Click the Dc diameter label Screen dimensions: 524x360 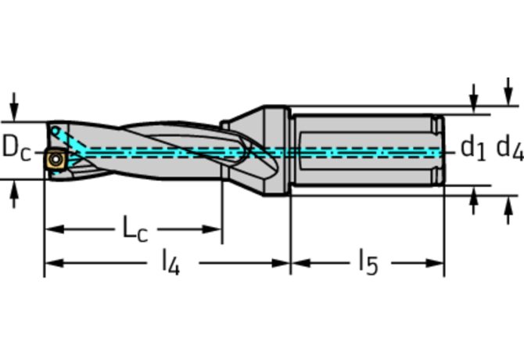(16, 147)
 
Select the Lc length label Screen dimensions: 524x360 (135, 229)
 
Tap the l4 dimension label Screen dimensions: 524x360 (170, 263)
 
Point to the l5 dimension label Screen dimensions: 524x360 (368, 263)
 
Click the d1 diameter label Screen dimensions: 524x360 (473, 148)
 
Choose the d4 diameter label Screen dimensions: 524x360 (510, 148)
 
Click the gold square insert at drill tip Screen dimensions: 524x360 (56, 159)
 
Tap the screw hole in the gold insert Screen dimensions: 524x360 (56, 160)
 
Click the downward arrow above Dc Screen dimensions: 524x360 (14, 107)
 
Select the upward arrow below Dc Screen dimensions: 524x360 (14, 194)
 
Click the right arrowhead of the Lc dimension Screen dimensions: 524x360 (212, 229)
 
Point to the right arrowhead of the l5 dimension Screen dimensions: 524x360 (434, 263)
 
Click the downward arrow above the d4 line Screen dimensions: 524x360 (508, 92)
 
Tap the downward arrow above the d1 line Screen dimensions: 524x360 (473, 99)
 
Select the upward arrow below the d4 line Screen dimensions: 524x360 (508, 210)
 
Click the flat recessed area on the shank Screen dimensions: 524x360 (366, 151)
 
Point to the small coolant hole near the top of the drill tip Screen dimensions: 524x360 (55, 131)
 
